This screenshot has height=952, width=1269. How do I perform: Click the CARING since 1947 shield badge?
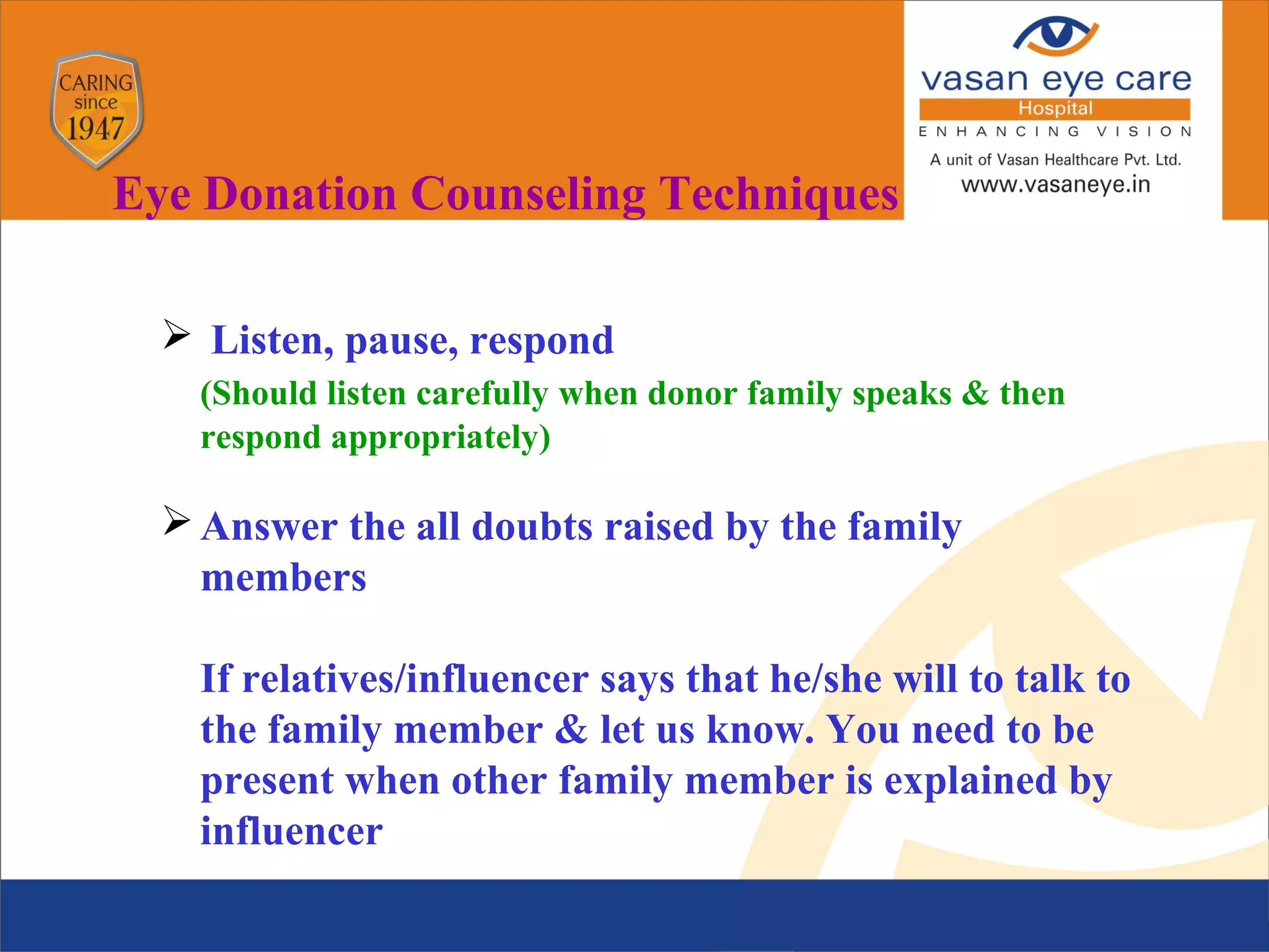pyautogui.click(x=96, y=108)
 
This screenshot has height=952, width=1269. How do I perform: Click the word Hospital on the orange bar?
pyautogui.click(x=1055, y=108)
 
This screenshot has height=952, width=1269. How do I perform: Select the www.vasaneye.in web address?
pyautogui.click(x=1055, y=185)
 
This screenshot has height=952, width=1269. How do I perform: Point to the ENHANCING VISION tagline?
pyautogui.click(x=1055, y=131)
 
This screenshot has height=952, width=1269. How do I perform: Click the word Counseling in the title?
pyautogui.click(x=528, y=194)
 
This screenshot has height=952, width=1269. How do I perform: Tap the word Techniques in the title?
pyautogui.click(x=778, y=194)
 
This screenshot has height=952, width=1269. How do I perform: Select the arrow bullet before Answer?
pyautogui.click(x=177, y=520)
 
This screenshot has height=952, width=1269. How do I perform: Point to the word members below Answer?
pyautogui.click(x=284, y=578)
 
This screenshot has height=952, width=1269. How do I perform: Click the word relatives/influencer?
pyautogui.click(x=415, y=679)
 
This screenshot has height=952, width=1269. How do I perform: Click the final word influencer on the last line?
pyautogui.click(x=292, y=831)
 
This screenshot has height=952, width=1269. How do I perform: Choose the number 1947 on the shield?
pyautogui.click(x=95, y=130)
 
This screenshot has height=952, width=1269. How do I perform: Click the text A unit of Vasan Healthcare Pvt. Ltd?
pyautogui.click(x=1055, y=160)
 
